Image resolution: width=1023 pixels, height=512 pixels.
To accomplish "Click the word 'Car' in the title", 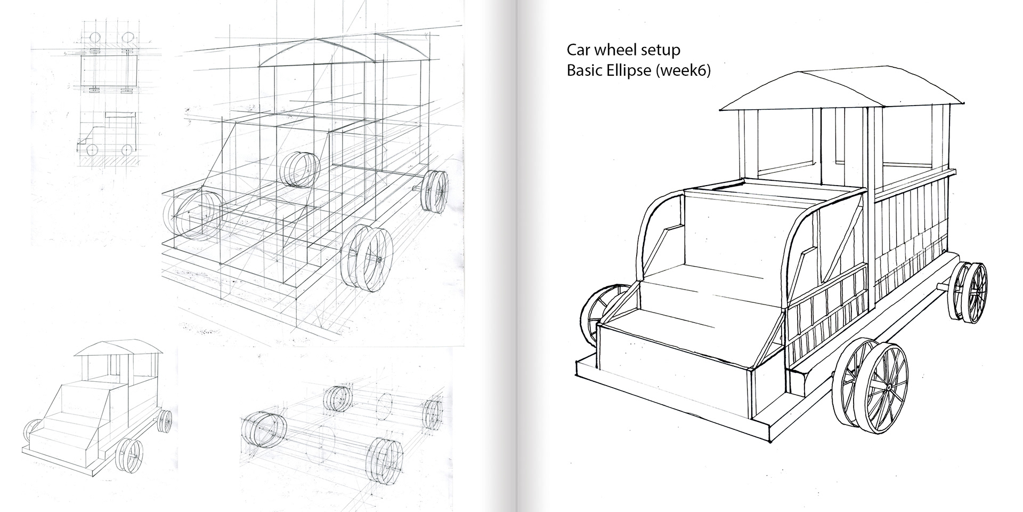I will click(579, 50).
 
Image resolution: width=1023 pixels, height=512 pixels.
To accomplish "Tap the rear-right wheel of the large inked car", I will click(970, 292).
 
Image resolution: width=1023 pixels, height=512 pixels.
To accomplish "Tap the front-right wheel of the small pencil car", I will click(129, 454).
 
